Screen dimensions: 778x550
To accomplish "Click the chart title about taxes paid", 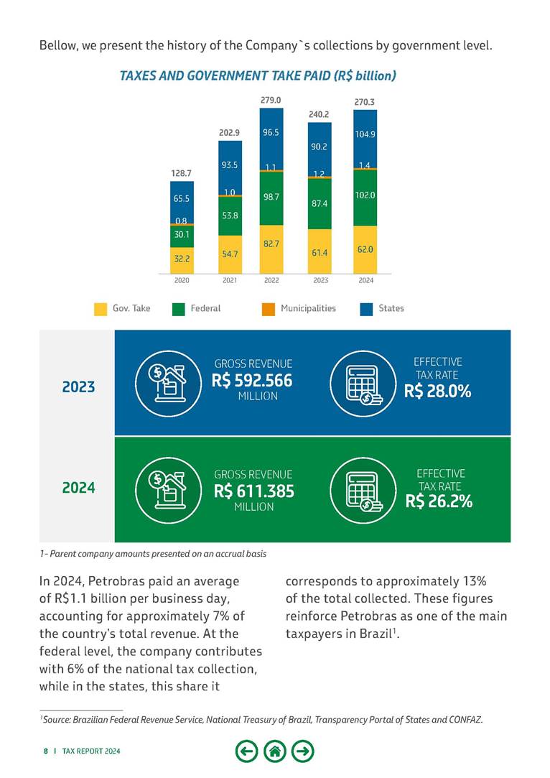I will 258,75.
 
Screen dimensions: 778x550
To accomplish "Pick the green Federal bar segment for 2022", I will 271,198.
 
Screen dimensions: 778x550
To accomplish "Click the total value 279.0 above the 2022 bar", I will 271,100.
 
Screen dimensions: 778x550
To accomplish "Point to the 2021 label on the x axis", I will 230,281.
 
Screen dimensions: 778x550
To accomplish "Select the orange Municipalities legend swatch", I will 268,309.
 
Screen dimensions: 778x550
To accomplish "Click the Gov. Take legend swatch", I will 101,309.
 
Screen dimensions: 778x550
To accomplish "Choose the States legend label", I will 391,308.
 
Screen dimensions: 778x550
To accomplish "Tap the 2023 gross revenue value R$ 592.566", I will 253,380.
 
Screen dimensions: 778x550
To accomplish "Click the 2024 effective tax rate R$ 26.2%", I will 439,501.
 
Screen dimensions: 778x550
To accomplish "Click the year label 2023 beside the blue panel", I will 78,386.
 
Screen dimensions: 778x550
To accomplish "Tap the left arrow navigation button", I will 246,751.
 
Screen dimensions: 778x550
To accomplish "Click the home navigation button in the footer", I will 275,751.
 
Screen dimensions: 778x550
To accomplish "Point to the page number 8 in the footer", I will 45,751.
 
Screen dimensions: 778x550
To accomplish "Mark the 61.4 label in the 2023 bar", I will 320,252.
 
